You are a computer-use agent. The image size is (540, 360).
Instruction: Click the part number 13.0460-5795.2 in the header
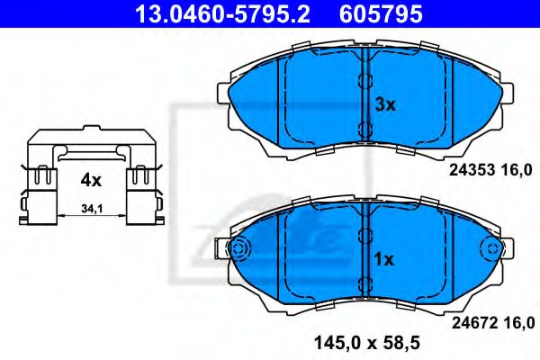click(223, 13)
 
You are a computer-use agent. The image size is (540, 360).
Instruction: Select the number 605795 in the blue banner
click(381, 13)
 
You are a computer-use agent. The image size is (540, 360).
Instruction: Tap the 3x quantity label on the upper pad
click(385, 104)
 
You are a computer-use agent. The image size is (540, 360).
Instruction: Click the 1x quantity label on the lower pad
click(383, 259)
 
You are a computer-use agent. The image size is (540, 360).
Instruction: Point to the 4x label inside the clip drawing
click(91, 180)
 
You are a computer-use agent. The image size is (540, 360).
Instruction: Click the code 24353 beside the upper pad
click(472, 170)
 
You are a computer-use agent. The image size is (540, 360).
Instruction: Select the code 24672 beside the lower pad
click(474, 323)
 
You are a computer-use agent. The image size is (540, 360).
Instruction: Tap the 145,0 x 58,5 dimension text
click(367, 343)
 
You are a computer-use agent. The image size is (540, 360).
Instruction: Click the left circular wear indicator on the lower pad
click(239, 248)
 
